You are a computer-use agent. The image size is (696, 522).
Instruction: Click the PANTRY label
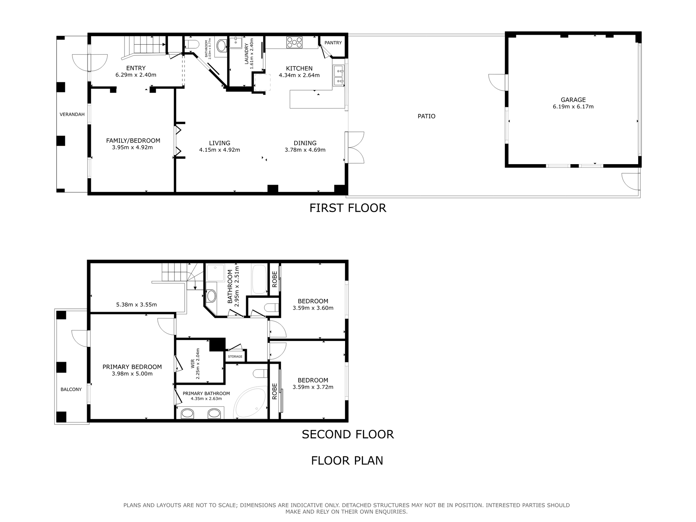(x=333, y=43)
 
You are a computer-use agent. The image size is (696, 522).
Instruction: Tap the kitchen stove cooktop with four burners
(x=295, y=42)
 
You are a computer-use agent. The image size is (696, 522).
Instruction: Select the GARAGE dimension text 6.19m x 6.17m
(x=573, y=107)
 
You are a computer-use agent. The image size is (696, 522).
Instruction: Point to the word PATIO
(x=426, y=116)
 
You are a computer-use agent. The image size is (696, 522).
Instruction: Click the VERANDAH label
(x=72, y=114)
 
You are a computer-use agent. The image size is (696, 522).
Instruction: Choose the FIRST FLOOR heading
(x=348, y=208)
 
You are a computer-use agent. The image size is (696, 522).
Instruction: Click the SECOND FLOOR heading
(x=348, y=434)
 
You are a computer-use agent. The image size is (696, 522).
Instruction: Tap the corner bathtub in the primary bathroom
(x=250, y=403)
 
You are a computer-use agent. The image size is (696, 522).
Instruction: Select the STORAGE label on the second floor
(x=235, y=356)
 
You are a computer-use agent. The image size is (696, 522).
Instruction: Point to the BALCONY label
(x=71, y=389)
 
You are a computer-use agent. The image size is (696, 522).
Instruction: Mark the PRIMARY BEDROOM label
(x=132, y=367)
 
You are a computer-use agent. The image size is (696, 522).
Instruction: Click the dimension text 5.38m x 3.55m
(x=136, y=304)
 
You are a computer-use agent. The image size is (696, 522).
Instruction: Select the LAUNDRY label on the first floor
(x=247, y=54)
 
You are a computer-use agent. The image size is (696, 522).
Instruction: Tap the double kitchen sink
(x=338, y=75)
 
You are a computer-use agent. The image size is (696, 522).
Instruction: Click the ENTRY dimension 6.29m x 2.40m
(x=136, y=75)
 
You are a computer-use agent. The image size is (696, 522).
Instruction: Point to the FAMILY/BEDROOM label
(x=133, y=141)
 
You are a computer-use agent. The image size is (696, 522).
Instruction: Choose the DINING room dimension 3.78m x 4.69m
(x=305, y=149)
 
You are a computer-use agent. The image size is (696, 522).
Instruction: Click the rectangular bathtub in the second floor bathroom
(x=259, y=279)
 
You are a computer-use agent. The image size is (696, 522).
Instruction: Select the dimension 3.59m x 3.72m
(x=313, y=387)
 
